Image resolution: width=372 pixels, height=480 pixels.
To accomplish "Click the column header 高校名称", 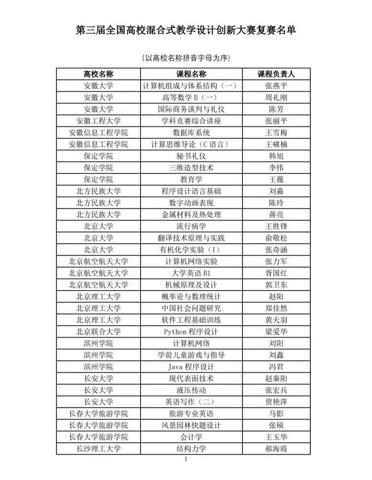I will click(x=98, y=74).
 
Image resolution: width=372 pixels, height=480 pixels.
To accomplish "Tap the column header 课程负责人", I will click(x=276, y=74).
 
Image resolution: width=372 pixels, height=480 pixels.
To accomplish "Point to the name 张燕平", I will click(x=276, y=86).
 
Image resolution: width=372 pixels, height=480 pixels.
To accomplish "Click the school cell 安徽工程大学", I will click(x=98, y=121).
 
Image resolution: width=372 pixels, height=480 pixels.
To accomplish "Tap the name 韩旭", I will click(x=276, y=156).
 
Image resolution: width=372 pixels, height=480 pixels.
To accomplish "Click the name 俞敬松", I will click(x=276, y=238).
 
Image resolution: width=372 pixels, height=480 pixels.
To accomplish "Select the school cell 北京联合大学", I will click(x=98, y=332).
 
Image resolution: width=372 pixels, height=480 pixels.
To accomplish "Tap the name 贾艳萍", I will click(x=276, y=402).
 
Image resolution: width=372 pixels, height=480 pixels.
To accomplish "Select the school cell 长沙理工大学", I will click(x=98, y=449).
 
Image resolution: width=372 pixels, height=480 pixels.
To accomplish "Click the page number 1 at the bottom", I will click(x=186, y=459).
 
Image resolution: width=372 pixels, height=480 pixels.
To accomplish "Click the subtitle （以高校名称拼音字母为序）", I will click(x=186, y=57).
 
